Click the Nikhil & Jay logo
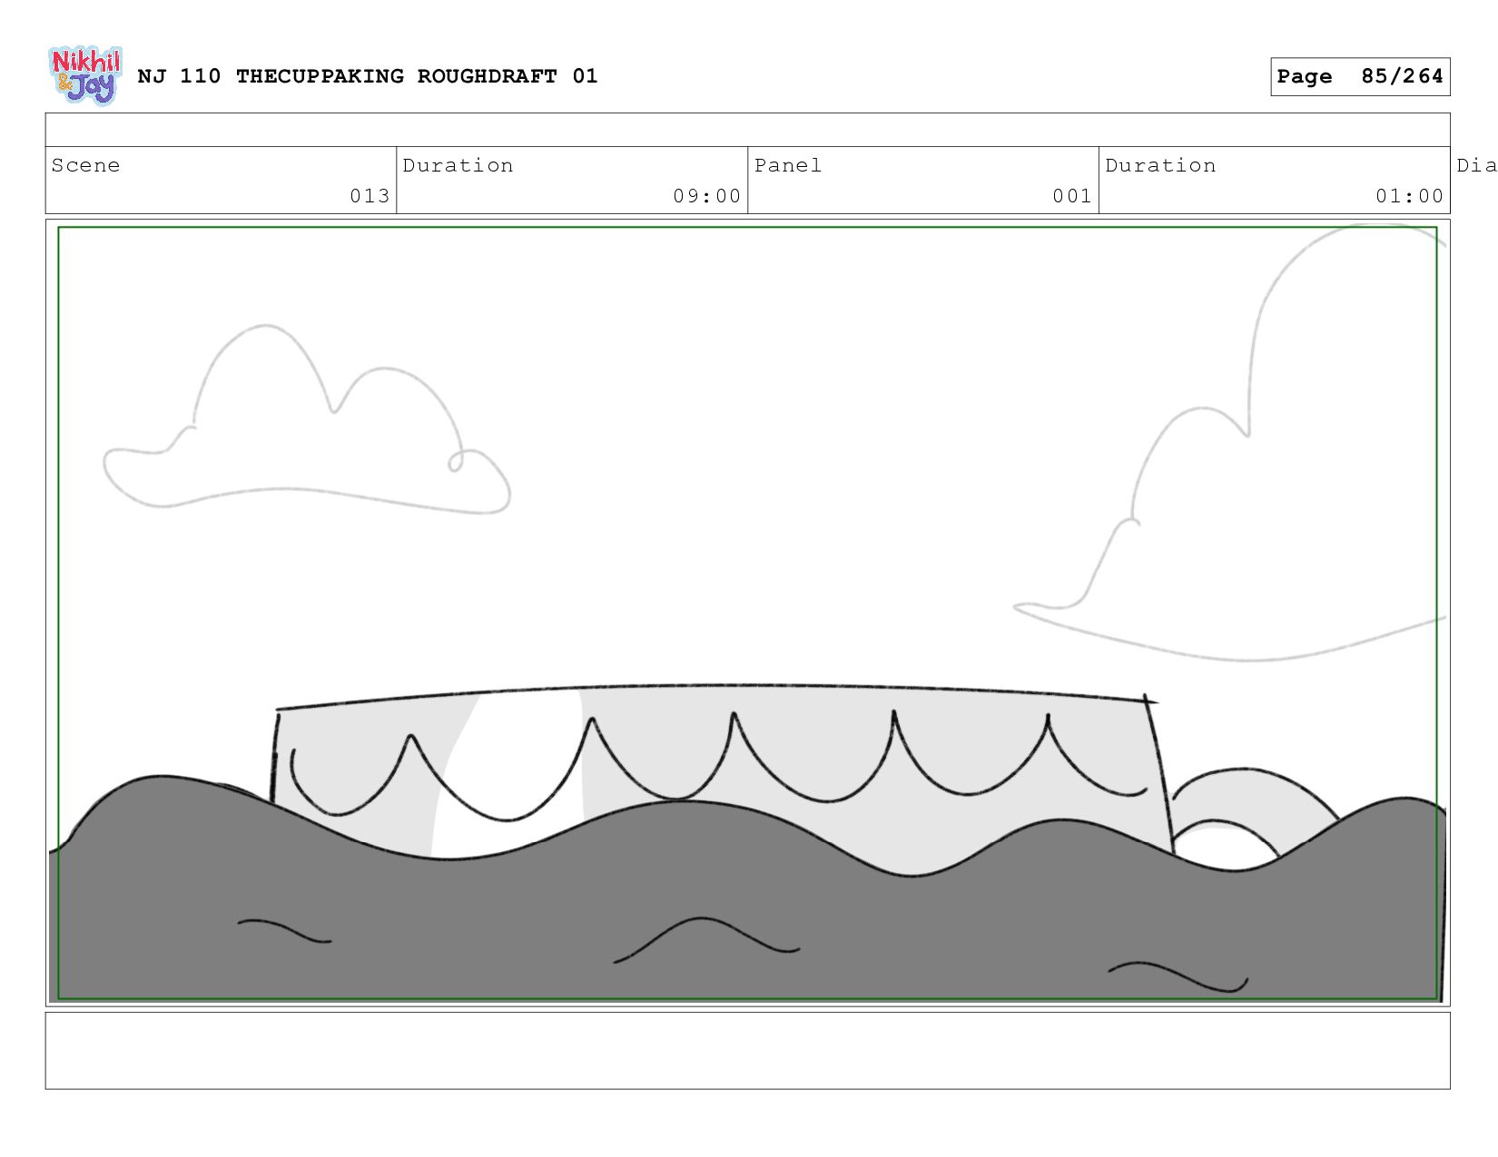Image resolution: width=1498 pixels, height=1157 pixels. [84, 76]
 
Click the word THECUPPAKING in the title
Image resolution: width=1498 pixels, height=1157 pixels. [320, 76]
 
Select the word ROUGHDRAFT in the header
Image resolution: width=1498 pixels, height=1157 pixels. [487, 76]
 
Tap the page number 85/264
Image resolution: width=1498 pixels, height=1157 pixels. [1401, 76]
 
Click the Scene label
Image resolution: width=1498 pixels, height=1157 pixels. [85, 165]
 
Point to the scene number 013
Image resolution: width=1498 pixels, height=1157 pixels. [370, 196]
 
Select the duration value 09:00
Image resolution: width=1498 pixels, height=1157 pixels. [706, 196]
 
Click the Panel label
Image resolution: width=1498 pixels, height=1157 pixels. [787, 165]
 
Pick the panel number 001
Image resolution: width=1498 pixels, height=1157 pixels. [1071, 196]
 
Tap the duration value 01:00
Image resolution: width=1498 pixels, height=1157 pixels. [1409, 196]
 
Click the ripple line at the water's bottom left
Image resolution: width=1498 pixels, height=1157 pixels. [284, 931]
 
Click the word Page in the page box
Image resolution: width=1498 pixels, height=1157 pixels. [1305, 76]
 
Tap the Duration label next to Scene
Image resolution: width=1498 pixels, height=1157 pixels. [458, 165]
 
